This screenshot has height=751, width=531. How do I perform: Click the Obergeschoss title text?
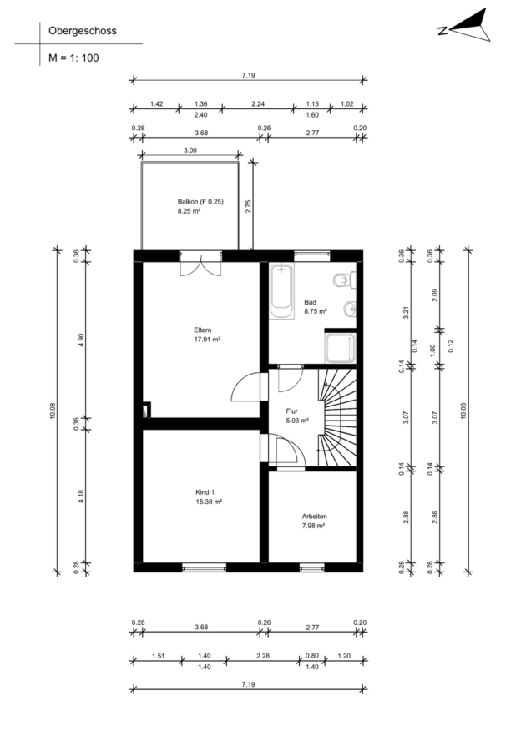coord(83,31)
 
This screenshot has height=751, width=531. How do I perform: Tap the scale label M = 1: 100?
coord(73,58)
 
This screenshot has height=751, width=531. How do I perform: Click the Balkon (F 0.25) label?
coord(200,202)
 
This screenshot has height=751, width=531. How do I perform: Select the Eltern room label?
coord(203,330)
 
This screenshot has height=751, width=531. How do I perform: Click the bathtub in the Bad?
coord(281,290)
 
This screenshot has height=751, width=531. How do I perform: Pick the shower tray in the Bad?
coord(341,348)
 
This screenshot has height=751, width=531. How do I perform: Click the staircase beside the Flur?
coord(337,417)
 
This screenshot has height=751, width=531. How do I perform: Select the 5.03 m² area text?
coord(297,421)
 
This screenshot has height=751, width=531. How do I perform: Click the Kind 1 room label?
coord(205,492)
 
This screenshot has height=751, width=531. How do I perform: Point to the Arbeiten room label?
coord(315,517)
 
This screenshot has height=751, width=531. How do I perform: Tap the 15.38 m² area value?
coord(208,502)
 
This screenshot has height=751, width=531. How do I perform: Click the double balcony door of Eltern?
coord(201,264)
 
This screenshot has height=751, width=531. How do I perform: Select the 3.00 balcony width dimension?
coord(190,150)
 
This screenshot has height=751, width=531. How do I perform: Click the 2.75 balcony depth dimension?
coord(248,206)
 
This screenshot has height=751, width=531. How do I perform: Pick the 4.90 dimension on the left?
coord(81,340)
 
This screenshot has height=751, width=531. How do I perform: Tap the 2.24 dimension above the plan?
coord(258,104)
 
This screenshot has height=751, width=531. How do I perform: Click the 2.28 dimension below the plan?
coord(263,656)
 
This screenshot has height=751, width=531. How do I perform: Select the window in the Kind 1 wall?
coord(205,567)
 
